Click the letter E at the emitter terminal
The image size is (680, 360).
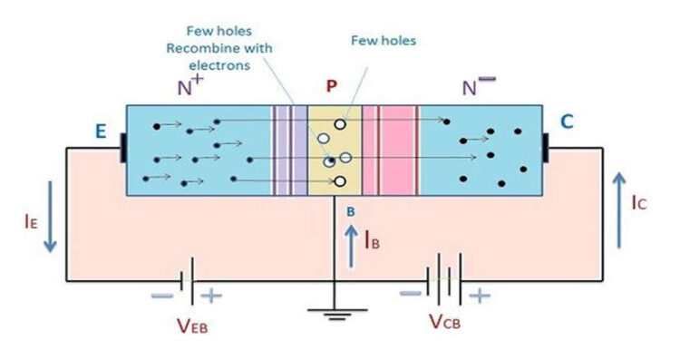pyautogui.click(x=102, y=132)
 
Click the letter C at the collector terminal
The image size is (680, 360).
pyautogui.click(x=567, y=121)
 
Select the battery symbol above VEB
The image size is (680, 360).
pyautogui.click(x=185, y=281)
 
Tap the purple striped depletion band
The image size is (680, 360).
pyautogui.click(x=290, y=150)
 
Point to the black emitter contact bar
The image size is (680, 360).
pyautogui.click(x=122, y=151)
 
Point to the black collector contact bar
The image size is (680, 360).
pyautogui.click(x=547, y=150)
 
